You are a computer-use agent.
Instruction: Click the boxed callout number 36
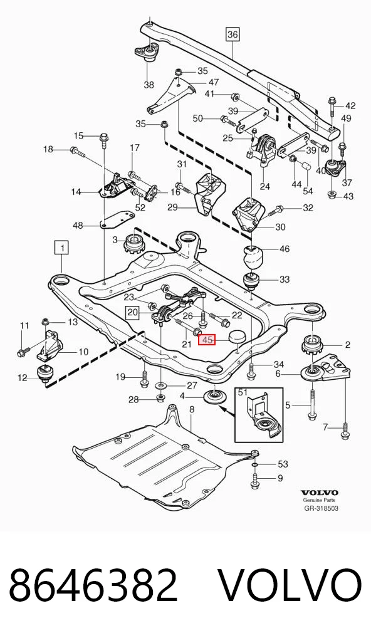(x=233, y=34)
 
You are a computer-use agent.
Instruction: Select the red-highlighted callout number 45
(x=207, y=339)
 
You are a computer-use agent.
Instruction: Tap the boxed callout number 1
(x=62, y=248)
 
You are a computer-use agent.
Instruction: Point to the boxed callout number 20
(x=132, y=313)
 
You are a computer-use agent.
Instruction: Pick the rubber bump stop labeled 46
(x=253, y=256)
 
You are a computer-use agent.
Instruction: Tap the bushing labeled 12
(x=44, y=374)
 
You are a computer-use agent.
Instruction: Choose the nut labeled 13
(x=46, y=323)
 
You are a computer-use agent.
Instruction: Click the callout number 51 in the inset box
(x=243, y=392)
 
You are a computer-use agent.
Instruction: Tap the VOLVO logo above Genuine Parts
(x=320, y=493)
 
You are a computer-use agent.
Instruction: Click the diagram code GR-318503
(x=321, y=508)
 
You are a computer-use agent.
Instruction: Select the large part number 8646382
(x=93, y=585)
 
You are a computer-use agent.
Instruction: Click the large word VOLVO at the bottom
(x=290, y=585)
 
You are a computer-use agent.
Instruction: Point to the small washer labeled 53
(x=254, y=464)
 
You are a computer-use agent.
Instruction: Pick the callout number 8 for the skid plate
(x=192, y=410)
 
